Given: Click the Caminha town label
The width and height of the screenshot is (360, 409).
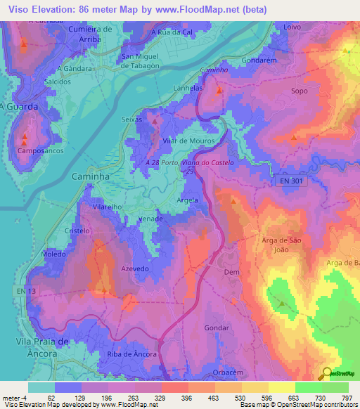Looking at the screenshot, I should tap(91, 177).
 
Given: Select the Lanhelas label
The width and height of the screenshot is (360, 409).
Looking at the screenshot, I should tap(189, 88).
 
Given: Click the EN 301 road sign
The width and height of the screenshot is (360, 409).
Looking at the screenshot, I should tap(290, 181).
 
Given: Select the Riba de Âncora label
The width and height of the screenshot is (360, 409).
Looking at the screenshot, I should tap(132, 354).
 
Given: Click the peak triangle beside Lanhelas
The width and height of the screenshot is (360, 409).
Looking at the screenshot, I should tap(220, 91).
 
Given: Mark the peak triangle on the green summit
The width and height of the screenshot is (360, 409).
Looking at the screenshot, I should tap(282, 304).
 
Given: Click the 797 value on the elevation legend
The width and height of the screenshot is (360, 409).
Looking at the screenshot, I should tap(348, 398).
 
